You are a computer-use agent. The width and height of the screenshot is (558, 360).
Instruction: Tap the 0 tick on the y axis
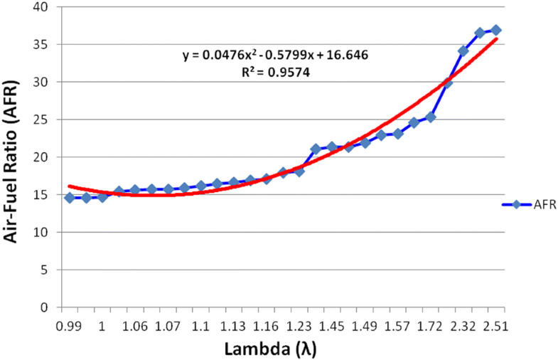[x=45, y=307]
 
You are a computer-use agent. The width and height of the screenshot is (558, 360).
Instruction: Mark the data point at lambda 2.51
[x=496, y=30]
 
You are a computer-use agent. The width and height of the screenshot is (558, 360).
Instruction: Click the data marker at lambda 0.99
[x=70, y=197]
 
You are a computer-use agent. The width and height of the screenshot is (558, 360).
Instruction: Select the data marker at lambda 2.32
[x=463, y=51]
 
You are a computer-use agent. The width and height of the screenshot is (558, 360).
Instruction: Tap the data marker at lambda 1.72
[x=431, y=117]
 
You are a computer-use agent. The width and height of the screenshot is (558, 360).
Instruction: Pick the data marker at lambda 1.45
[x=332, y=147]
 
